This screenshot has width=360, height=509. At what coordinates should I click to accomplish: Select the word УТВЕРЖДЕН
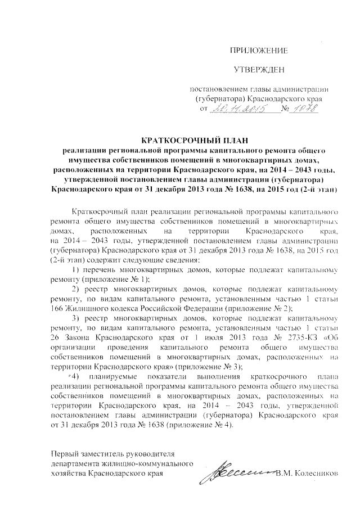pyautogui.click(x=260, y=70)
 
